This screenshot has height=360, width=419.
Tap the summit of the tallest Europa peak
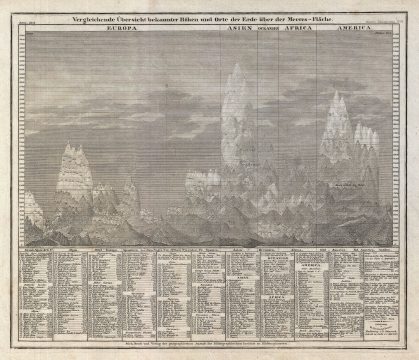(71, 143)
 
